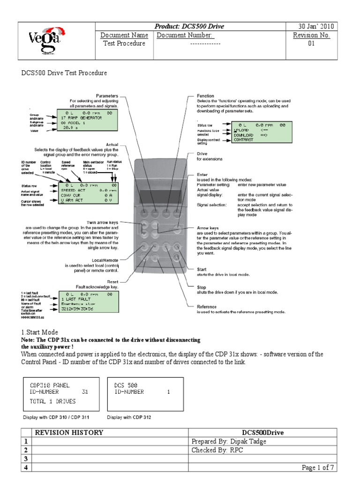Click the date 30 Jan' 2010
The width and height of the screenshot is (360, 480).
click(316, 26)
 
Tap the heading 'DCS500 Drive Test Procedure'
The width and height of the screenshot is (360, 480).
click(64, 73)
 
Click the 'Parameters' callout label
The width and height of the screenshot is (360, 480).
click(107, 96)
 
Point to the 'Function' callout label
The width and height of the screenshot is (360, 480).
click(205, 96)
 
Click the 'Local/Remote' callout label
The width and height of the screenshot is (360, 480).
click(105, 261)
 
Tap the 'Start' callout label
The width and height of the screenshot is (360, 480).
click(202, 269)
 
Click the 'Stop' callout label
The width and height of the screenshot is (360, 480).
click(201, 286)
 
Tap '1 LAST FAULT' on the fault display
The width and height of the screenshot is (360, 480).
click(77, 299)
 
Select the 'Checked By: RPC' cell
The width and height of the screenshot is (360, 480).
click(217, 450)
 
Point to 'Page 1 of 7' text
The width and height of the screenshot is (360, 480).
click(317, 467)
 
